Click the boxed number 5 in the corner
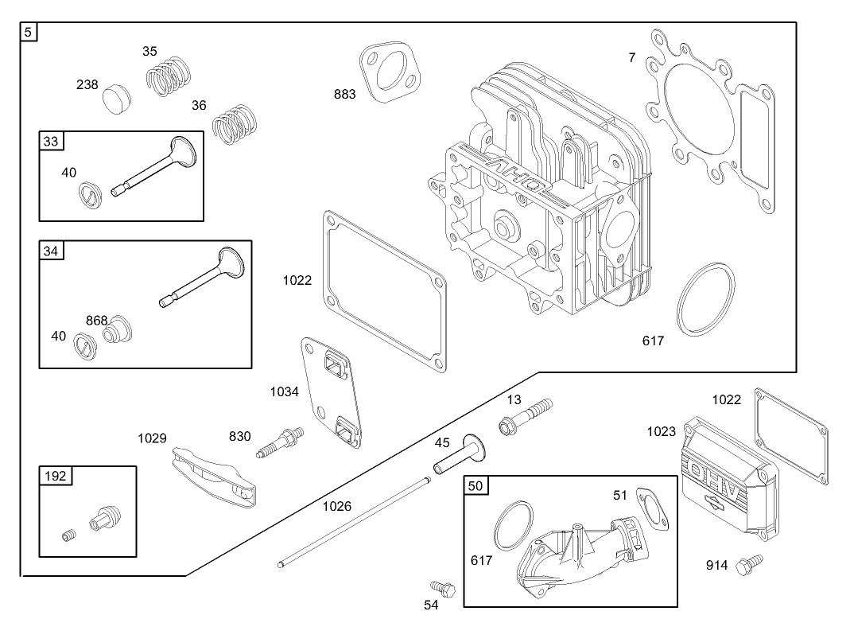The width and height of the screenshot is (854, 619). click(x=29, y=33)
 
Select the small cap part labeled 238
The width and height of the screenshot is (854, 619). click(x=117, y=97)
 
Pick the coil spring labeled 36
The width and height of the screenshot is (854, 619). click(x=235, y=125)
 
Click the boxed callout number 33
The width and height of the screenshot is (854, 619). click(x=51, y=142)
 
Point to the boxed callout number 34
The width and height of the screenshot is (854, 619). click(x=51, y=251)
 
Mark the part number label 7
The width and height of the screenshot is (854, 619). click(x=632, y=57)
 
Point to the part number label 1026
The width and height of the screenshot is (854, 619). click(x=336, y=505)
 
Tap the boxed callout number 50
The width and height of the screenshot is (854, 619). click(x=476, y=485)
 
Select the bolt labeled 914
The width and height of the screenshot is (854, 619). click(x=749, y=564)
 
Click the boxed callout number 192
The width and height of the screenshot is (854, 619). click(x=56, y=477)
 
